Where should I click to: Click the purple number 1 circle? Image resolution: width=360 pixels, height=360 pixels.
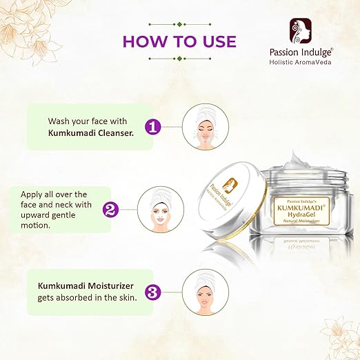153,127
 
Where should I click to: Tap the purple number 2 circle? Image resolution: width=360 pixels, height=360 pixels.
110,210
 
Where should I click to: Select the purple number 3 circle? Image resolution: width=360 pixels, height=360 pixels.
153,292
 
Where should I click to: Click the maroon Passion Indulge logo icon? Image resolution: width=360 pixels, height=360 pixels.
301,31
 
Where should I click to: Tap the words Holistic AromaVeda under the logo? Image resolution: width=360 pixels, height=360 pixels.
300,62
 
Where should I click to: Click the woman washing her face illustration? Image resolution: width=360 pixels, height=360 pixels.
206,126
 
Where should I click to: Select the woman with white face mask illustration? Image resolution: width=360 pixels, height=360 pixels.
161,209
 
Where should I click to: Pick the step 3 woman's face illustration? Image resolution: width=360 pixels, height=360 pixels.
206,292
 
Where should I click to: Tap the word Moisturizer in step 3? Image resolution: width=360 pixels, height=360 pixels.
111,286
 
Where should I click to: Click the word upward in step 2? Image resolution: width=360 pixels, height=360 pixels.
34,215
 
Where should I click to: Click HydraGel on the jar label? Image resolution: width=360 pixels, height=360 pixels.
301,214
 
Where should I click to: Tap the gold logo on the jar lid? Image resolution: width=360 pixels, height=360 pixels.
230,186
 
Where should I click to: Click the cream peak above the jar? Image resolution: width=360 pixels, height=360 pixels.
293,156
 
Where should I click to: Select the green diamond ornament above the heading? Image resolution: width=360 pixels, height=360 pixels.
180,24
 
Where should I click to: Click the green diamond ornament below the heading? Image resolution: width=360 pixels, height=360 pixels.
180,59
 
